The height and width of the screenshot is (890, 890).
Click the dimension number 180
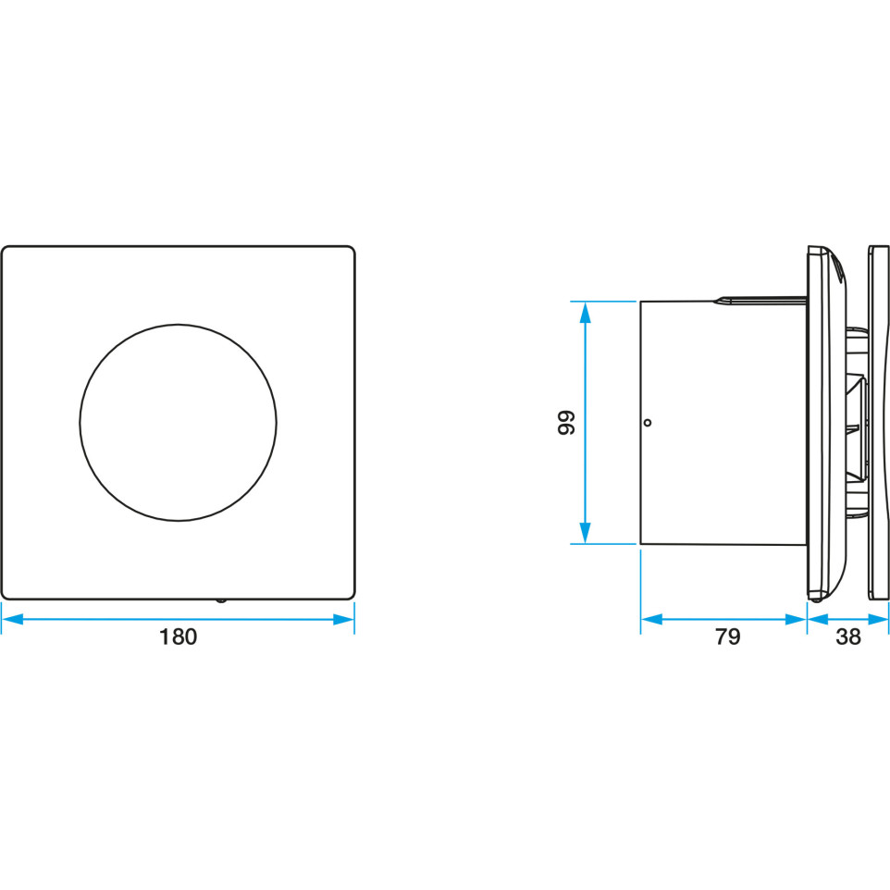coord(178,637)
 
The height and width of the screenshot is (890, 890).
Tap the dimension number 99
coord(566,422)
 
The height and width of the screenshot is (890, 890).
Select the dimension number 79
coord(728,637)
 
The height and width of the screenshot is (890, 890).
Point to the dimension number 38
coord(848,637)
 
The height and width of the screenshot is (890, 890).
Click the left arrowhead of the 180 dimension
coord(12,619)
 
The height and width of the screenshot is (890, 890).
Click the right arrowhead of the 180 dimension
coord(343,619)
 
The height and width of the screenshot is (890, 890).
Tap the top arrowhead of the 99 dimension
coord(586,312)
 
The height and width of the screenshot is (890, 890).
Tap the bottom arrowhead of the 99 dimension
coord(586,533)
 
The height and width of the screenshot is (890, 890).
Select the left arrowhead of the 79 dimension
coord(651,619)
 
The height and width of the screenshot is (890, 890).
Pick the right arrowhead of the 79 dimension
coord(796,619)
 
